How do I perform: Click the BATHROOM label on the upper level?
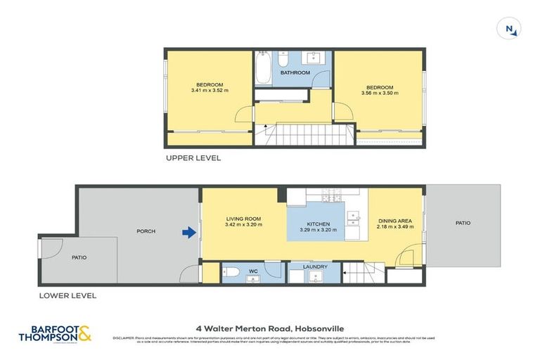click(295, 72)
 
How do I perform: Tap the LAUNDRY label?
click(316, 267)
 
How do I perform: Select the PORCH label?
click(146, 231)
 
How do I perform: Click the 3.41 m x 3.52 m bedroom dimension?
click(210, 90)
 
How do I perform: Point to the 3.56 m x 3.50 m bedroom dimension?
click(379, 93)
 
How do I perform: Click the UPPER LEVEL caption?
click(193, 158)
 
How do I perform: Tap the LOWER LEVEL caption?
click(68, 296)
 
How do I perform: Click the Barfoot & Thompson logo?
click(60, 334)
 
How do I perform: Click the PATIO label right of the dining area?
click(463, 223)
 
